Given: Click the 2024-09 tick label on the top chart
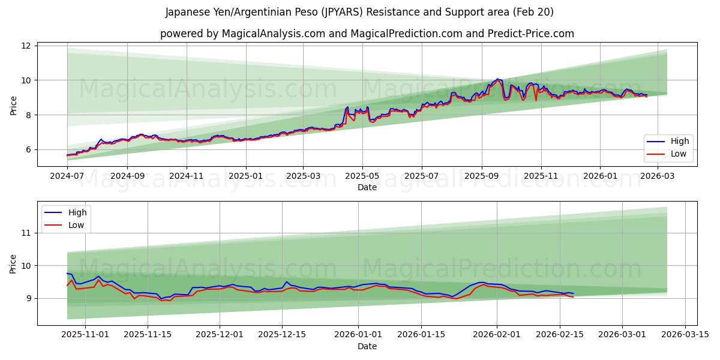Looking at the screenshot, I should click(x=127, y=176).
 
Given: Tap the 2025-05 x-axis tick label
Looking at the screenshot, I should click(x=362, y=176).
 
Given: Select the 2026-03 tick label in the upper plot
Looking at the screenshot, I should click(x=659, y=176).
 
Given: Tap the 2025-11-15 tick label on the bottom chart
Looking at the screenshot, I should click(x=147, y=335).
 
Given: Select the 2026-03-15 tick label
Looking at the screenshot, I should click(x=685, y=335).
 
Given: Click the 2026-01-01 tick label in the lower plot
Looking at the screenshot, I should click(x=358, y=335).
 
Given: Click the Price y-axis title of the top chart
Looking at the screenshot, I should click(x=13, y=104).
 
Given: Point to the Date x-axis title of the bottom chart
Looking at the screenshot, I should click(x=367, y=346).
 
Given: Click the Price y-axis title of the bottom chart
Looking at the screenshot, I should click(x=13, y=263).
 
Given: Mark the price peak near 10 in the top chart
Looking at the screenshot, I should click(x=497, y=79).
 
